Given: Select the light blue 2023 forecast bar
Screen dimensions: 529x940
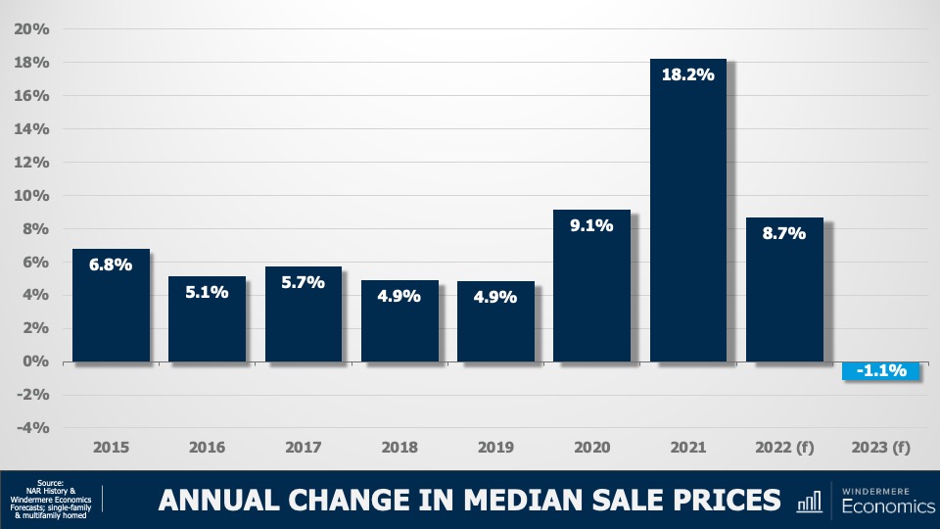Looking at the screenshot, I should coord(880,371).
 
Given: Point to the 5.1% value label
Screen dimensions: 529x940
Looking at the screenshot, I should coord(207,292).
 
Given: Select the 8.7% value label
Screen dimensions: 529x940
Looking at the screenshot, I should coord(783,233).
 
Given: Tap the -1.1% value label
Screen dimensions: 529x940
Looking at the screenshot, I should coord(880,371).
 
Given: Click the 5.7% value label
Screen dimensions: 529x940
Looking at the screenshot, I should coord(303,282).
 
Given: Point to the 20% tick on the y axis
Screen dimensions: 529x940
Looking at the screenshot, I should coord(32,28).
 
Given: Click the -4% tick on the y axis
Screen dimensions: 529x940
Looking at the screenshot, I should coord(32,427).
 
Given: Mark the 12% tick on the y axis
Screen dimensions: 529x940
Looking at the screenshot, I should coord(32,162).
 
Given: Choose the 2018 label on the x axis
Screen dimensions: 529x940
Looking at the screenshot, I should coord(399,448).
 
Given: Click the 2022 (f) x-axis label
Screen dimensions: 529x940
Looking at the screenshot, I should coord(783,448).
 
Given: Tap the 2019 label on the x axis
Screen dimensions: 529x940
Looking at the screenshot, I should coord(495,448).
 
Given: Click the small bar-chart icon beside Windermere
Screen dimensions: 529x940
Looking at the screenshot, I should coord(810,502).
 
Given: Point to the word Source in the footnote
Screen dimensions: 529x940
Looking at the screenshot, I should coord(50,484).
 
